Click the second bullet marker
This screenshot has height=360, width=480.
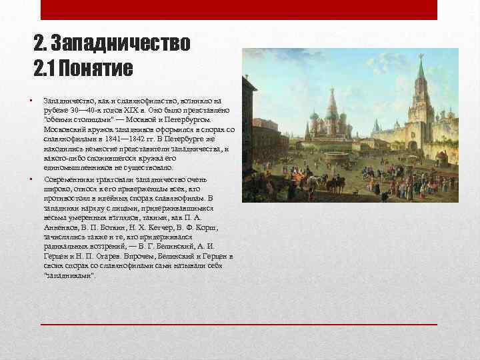(x=31, y=178)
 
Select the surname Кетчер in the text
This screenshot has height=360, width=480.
(x=169, y=227)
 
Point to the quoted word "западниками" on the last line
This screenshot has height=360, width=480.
(x=70, y=275)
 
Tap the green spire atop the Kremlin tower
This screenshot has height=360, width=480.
(x=421, y=69)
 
